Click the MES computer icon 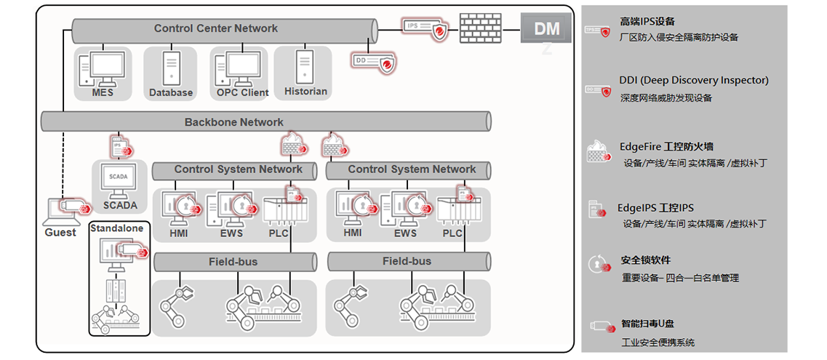coord(102,69)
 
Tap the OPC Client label coord(242,92)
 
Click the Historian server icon coord(305,67)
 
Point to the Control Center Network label coord(216,28)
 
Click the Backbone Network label coord(234,121)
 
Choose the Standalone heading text coord(116,228)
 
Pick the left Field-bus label coord(234,261)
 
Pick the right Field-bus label coord(407,261)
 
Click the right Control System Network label coord(412,169)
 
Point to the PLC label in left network coord(279,233)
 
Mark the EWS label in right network coord(405,233)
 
